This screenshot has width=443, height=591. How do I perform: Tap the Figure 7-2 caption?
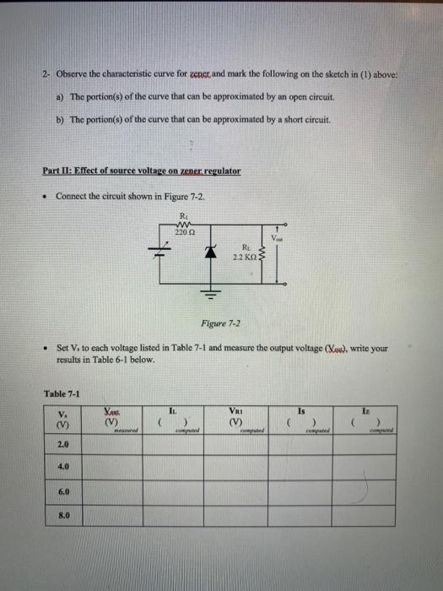220,323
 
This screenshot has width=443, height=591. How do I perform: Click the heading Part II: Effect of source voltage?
141,170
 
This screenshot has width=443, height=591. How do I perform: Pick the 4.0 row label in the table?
63,465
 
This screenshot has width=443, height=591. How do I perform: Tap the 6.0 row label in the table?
63,489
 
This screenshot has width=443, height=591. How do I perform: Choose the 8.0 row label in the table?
63,512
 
